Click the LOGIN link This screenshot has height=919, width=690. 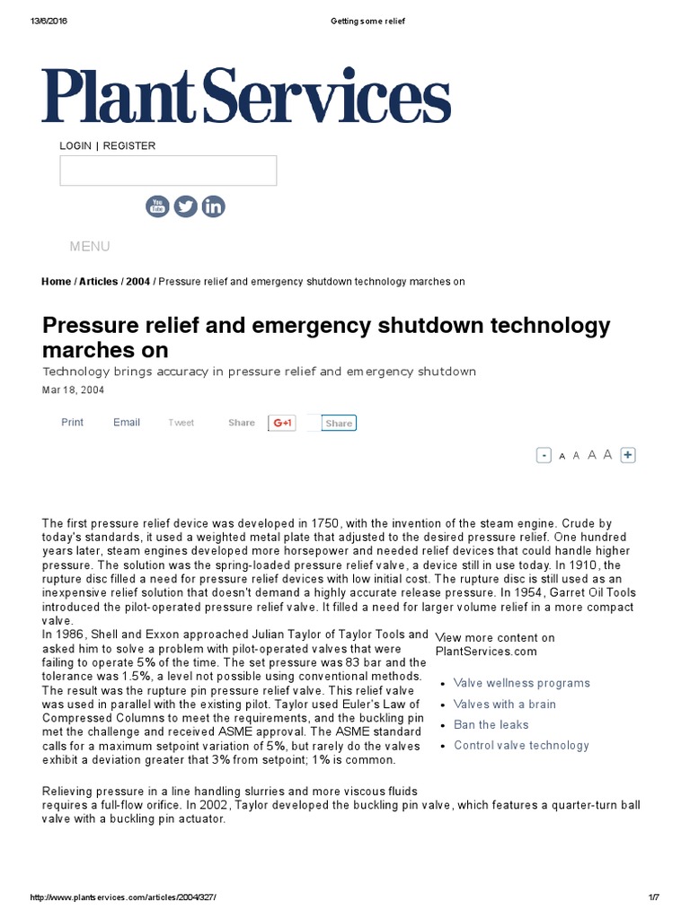tap(75, 145)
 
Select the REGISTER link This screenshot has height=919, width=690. tap(129, 145)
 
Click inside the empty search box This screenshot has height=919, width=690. tap(168, 171)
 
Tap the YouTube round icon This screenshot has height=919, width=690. tap(157, 206)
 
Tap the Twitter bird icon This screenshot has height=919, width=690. tap(185, 206)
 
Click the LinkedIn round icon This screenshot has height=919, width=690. tap(213, 206)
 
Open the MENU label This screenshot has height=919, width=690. tap(90, 246)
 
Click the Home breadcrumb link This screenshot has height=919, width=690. tap(56, 282)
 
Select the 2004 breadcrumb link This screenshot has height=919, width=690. tap(137, 282)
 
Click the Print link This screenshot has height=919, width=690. tap(72, 423)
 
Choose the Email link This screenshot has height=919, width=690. tap(127, 423)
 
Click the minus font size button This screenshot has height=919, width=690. tap(544, 455)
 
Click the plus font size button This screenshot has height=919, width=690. tap(628, 455)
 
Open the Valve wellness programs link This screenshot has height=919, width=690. tap(522, 683)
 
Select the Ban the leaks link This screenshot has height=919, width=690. tap(491, 725)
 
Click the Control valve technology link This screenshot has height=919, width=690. tap(521, 746)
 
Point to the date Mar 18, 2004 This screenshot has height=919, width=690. tap(72, 390)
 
